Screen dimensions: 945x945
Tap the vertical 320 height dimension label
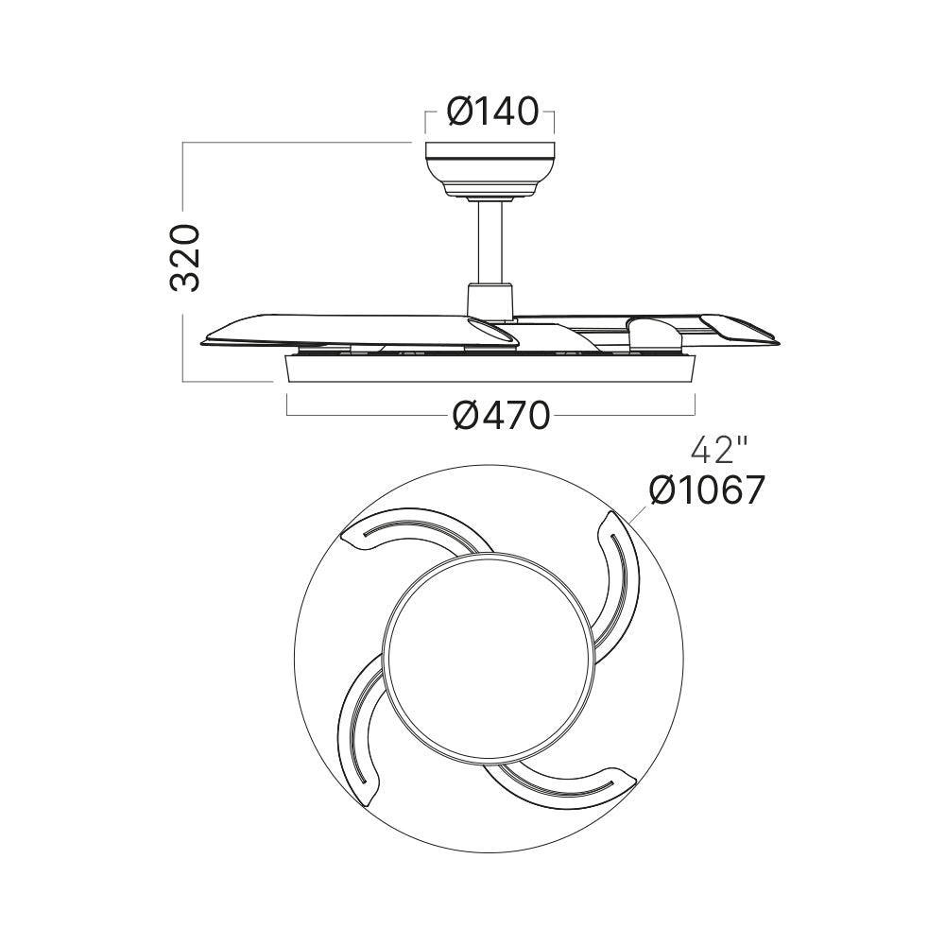coord(184,258)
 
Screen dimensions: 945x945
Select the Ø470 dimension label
coord(500,415)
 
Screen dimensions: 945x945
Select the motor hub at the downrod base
coord(490,300)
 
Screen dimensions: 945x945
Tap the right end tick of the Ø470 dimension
coord(696,404)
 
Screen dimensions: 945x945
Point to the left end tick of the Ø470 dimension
coord(286,404)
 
